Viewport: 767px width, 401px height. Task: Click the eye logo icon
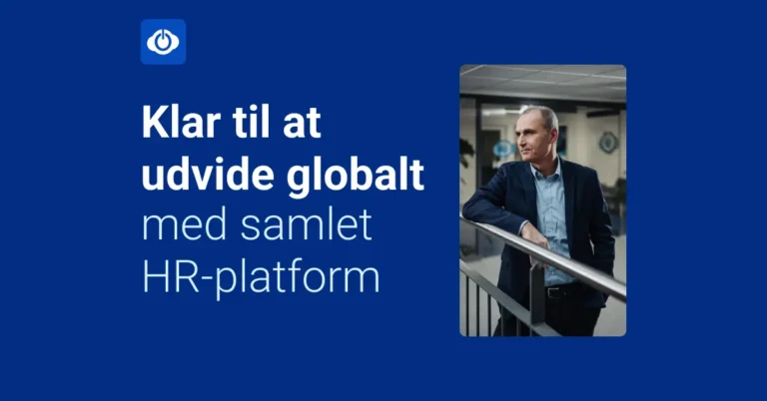coord(163,42)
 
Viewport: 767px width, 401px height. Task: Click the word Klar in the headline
coord(176,131)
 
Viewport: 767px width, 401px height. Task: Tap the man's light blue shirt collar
coord(548,169)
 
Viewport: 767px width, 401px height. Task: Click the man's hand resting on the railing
coord(536,239)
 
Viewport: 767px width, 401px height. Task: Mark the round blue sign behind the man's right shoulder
coord(608,141)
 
